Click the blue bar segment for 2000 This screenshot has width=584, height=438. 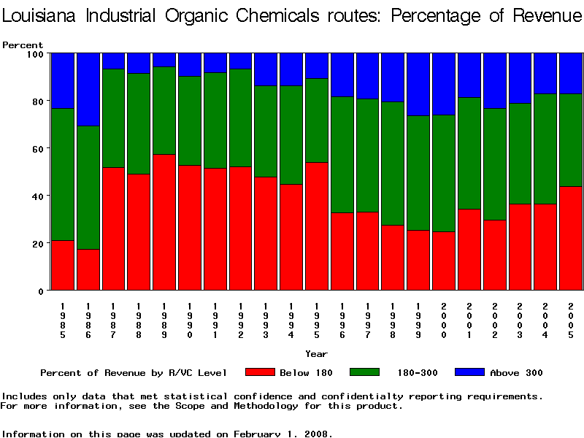[444, 84]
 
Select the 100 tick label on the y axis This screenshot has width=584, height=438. [34, 53]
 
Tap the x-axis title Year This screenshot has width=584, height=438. [316, 354]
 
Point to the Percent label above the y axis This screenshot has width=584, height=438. [23, 45]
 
